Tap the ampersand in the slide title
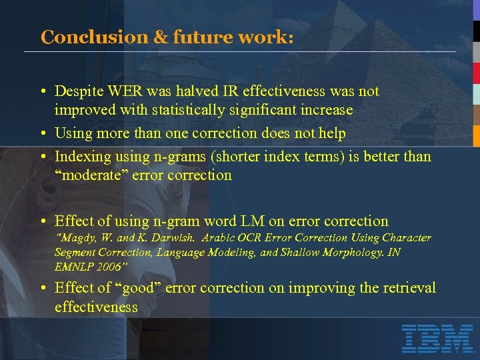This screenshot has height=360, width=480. (160, 37)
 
